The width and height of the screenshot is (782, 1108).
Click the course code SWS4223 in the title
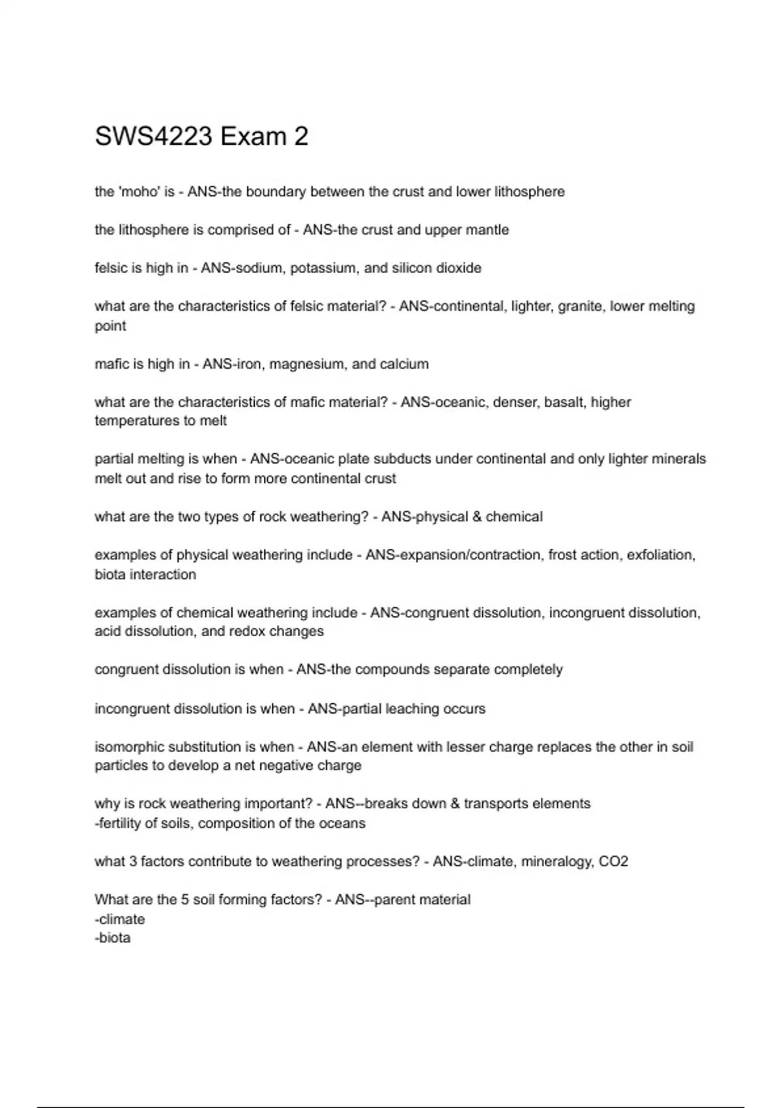[x=154, y=137]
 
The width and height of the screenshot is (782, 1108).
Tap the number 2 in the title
[x=300, y=137]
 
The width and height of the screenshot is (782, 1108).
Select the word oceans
[x=343, y=824]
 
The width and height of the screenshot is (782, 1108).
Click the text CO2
[x=613, y=862]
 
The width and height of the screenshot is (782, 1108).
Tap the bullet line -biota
[x=113, y=939]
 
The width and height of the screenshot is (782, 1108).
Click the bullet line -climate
[x=120, y=920]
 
